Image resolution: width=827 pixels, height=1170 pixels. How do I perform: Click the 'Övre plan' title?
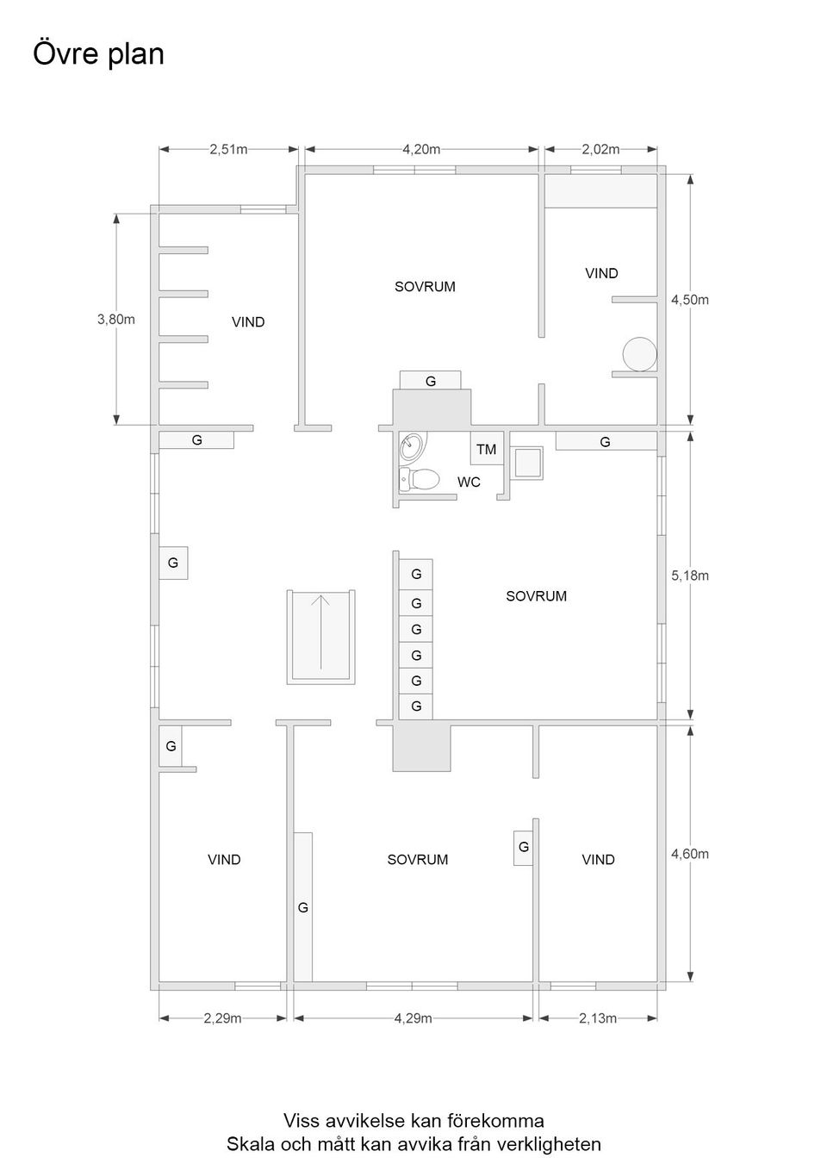98,54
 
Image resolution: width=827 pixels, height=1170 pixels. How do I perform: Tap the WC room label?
469,482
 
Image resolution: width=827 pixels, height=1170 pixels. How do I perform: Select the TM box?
487,448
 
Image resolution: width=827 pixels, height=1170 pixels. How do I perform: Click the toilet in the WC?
419,478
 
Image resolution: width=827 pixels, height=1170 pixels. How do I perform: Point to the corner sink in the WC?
412,448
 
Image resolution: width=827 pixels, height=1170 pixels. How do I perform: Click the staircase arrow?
320,632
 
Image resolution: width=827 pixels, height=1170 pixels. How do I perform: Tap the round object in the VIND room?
639,354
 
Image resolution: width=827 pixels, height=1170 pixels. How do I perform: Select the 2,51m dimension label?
228,149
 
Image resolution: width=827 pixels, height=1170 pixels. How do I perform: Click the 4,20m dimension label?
420,149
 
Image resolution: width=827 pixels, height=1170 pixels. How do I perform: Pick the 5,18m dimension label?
690,576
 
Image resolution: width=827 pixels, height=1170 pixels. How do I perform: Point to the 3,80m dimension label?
116,319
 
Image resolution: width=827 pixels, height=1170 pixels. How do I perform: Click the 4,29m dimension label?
413,1018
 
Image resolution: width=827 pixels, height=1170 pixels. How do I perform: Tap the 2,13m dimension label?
598,1018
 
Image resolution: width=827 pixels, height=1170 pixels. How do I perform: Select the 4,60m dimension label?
690,854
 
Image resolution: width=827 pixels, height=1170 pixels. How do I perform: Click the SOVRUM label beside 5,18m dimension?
536,596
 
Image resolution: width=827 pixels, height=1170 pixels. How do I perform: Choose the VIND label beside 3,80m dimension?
248,321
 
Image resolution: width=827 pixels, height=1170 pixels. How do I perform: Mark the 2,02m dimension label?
600,149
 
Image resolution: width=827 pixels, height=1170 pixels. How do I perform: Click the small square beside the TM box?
526,463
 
